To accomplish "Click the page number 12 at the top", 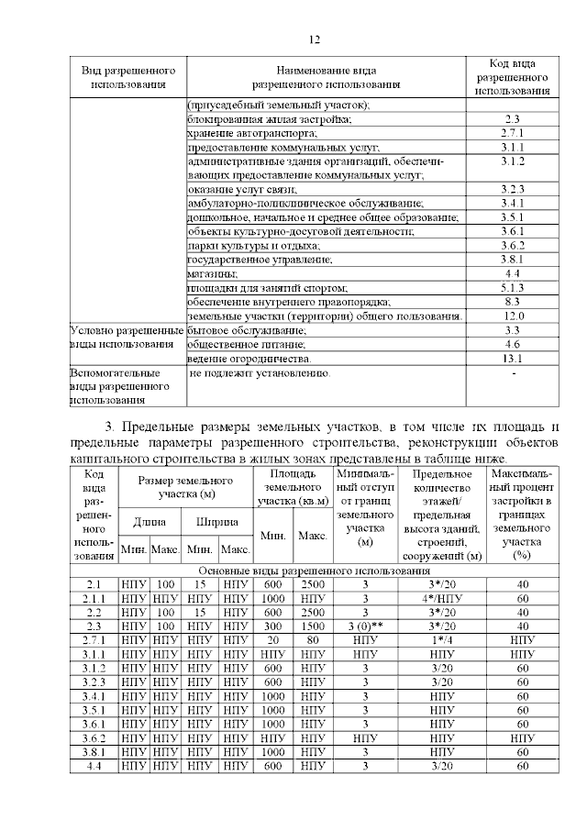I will click(313, 39).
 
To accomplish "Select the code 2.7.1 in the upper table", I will click(513, 133).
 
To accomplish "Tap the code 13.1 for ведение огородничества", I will click(513, 358).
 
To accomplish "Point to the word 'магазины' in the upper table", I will click(213, 273).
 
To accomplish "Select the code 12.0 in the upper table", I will click(513, 316).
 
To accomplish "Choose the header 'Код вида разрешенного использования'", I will click(513, 77).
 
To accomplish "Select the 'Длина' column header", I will click(150, 522).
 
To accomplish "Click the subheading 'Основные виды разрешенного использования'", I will click(316, 571).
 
